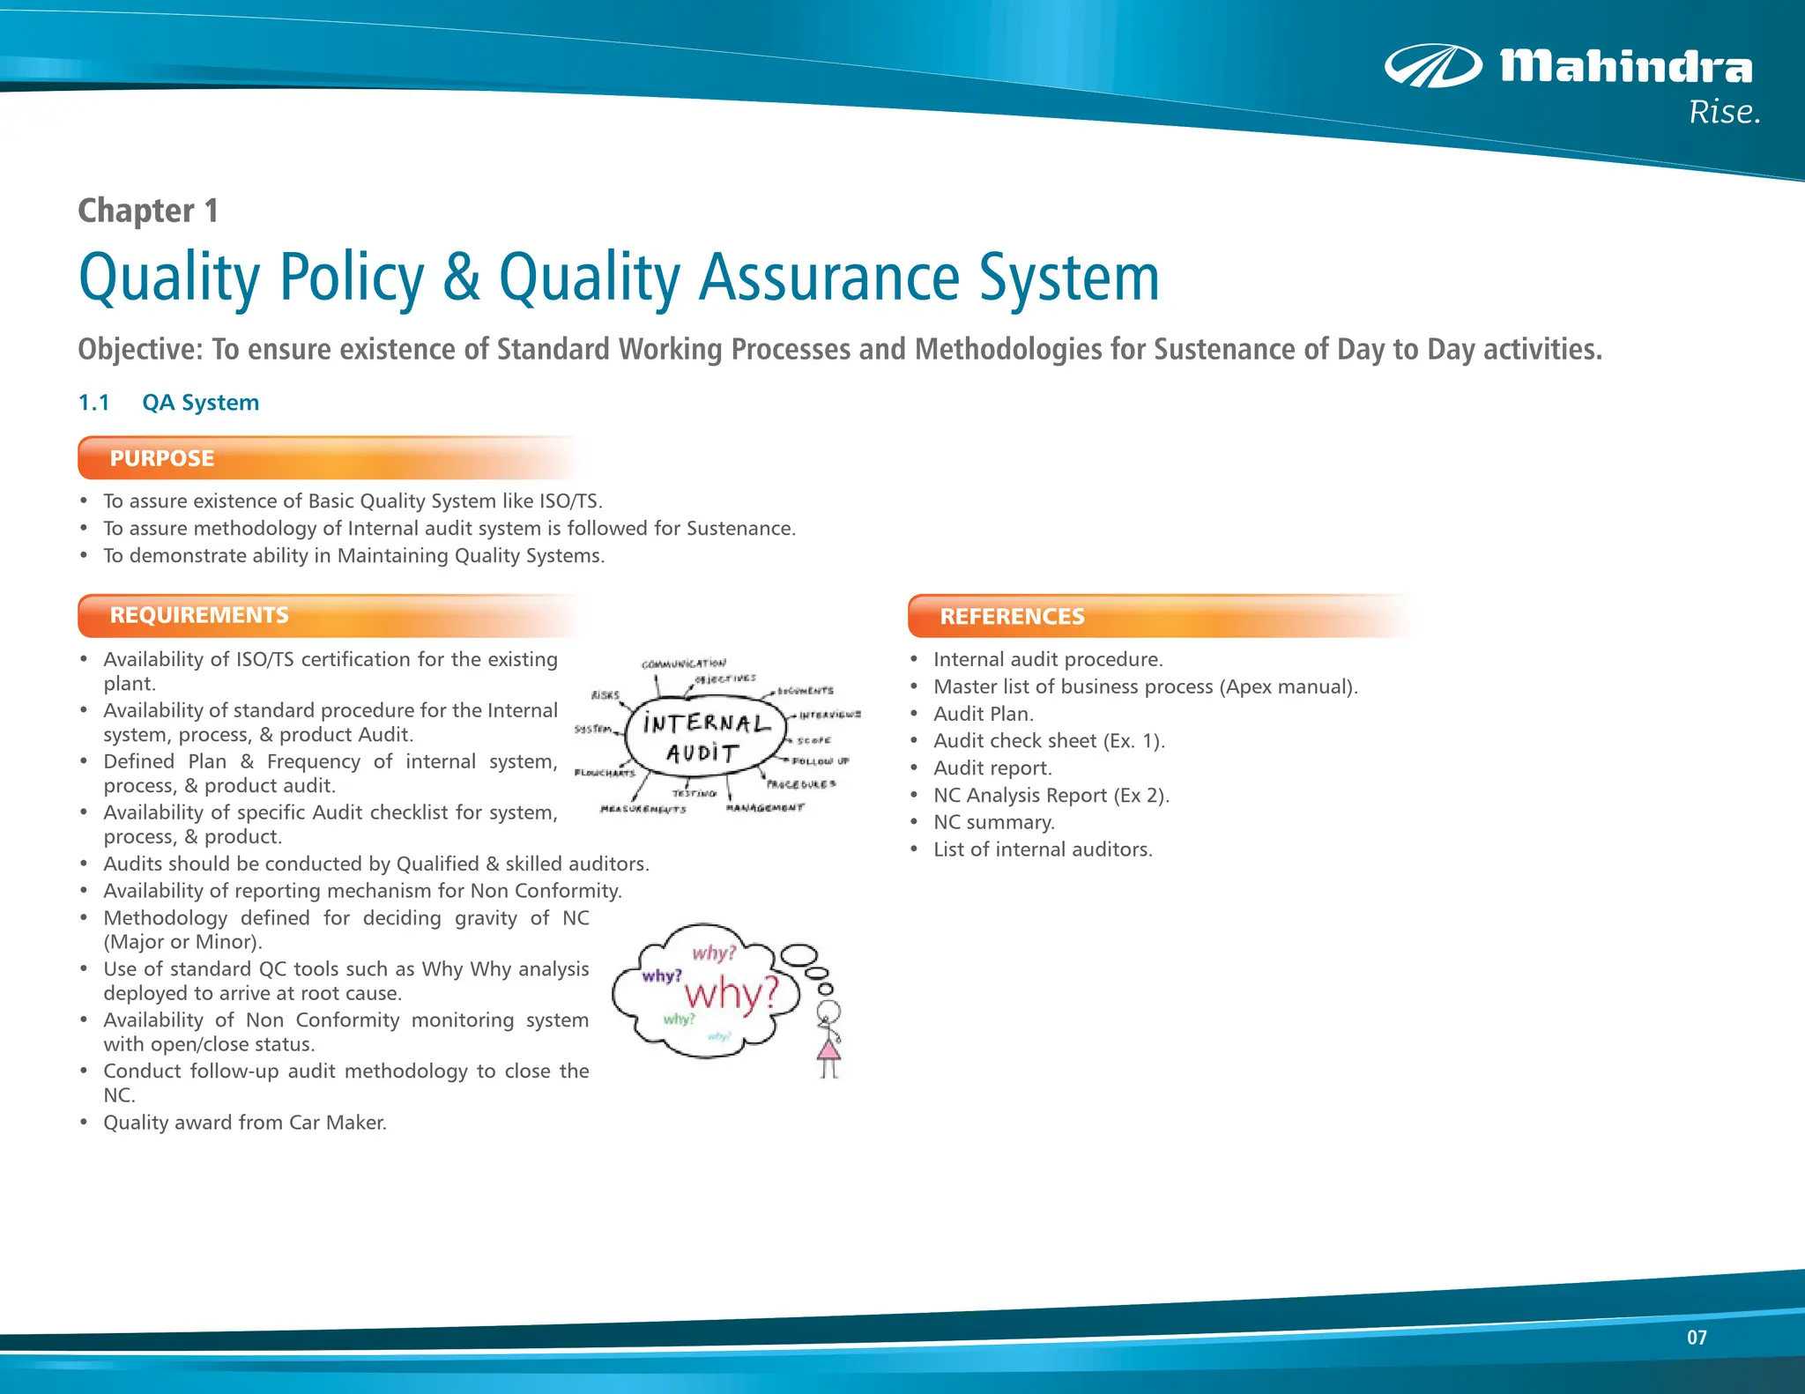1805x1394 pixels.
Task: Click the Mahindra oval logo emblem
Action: tap(1433, 66)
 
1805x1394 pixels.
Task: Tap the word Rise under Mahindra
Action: tap(1724, 113)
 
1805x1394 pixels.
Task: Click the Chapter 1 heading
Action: tap(148, 211)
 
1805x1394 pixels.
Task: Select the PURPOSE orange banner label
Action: tap(162, 458)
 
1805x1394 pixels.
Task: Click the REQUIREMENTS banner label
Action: tap(199, 615)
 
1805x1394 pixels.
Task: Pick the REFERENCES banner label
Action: tap(1012, 617)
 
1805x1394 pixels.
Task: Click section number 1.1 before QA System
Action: tap(93, 403)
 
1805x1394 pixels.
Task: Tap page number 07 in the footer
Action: tap(1697, 1338)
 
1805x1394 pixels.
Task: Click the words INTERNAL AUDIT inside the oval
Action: tap(704, 738)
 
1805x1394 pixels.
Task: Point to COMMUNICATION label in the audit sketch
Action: tap(684, 664)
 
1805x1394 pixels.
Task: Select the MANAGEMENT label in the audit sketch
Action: tap(765, 807)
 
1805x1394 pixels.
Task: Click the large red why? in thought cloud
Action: tap(732, 993)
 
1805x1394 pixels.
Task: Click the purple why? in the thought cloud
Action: tap(661, 975)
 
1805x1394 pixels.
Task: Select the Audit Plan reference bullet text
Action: tap(984, 714)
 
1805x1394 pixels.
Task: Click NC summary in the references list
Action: tap(993, 822)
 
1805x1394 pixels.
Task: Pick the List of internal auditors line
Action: tap(1043, 849)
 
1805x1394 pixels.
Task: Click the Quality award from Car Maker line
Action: tap(245, 1123)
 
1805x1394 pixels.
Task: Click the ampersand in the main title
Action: tap(461, 278)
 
